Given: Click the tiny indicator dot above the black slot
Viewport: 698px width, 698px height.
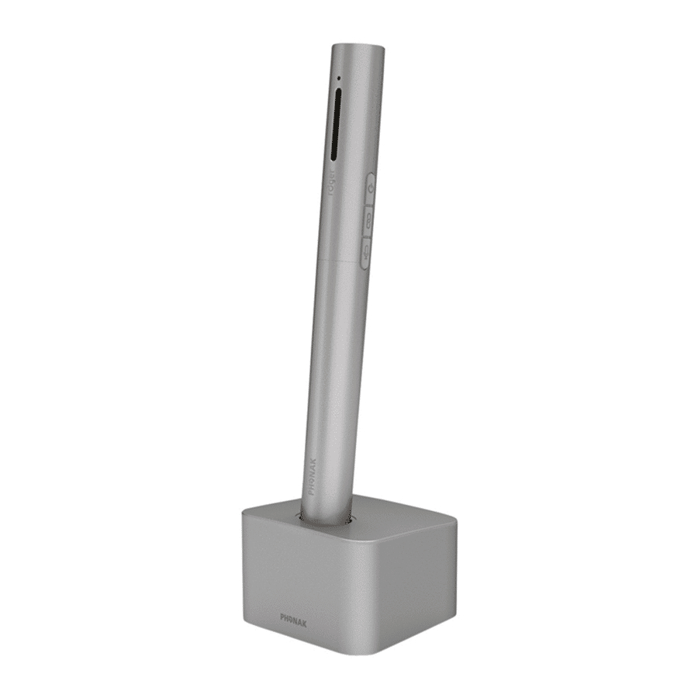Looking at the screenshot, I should pos(338,78).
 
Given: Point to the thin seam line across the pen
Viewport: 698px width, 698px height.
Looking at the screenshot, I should pos(341,261).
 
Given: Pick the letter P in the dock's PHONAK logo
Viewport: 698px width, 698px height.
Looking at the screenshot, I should pos(283,617).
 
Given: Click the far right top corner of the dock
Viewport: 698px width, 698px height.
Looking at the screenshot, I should pos(454,524).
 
